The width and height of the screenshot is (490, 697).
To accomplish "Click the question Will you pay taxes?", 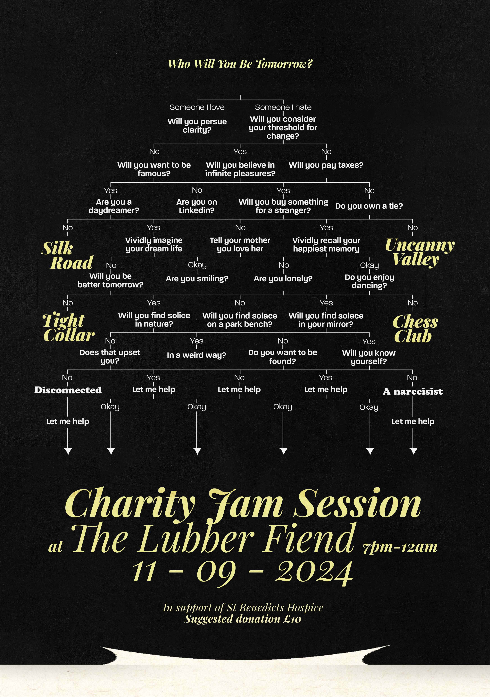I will (x=326, y=165).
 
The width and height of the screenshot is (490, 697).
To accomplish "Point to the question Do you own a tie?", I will (x=369, y=206).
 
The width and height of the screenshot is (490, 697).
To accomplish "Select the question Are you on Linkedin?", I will (x=197, y=206).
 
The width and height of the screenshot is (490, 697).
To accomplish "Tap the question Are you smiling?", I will (x=197, y=279).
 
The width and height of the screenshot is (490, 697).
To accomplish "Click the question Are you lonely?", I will (x=283, y=279).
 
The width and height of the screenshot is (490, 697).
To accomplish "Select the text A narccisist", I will (x=413, y=392).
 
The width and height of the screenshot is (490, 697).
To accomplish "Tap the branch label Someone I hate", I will (x=283, y=107).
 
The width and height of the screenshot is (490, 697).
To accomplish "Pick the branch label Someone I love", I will (x=197, y=107).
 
